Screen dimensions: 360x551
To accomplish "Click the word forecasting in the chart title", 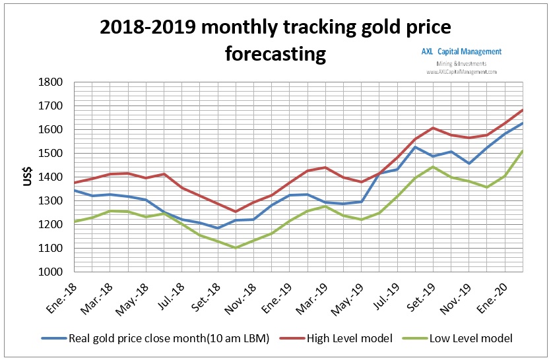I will point(276,53).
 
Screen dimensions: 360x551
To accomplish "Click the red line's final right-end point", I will point(523,109).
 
